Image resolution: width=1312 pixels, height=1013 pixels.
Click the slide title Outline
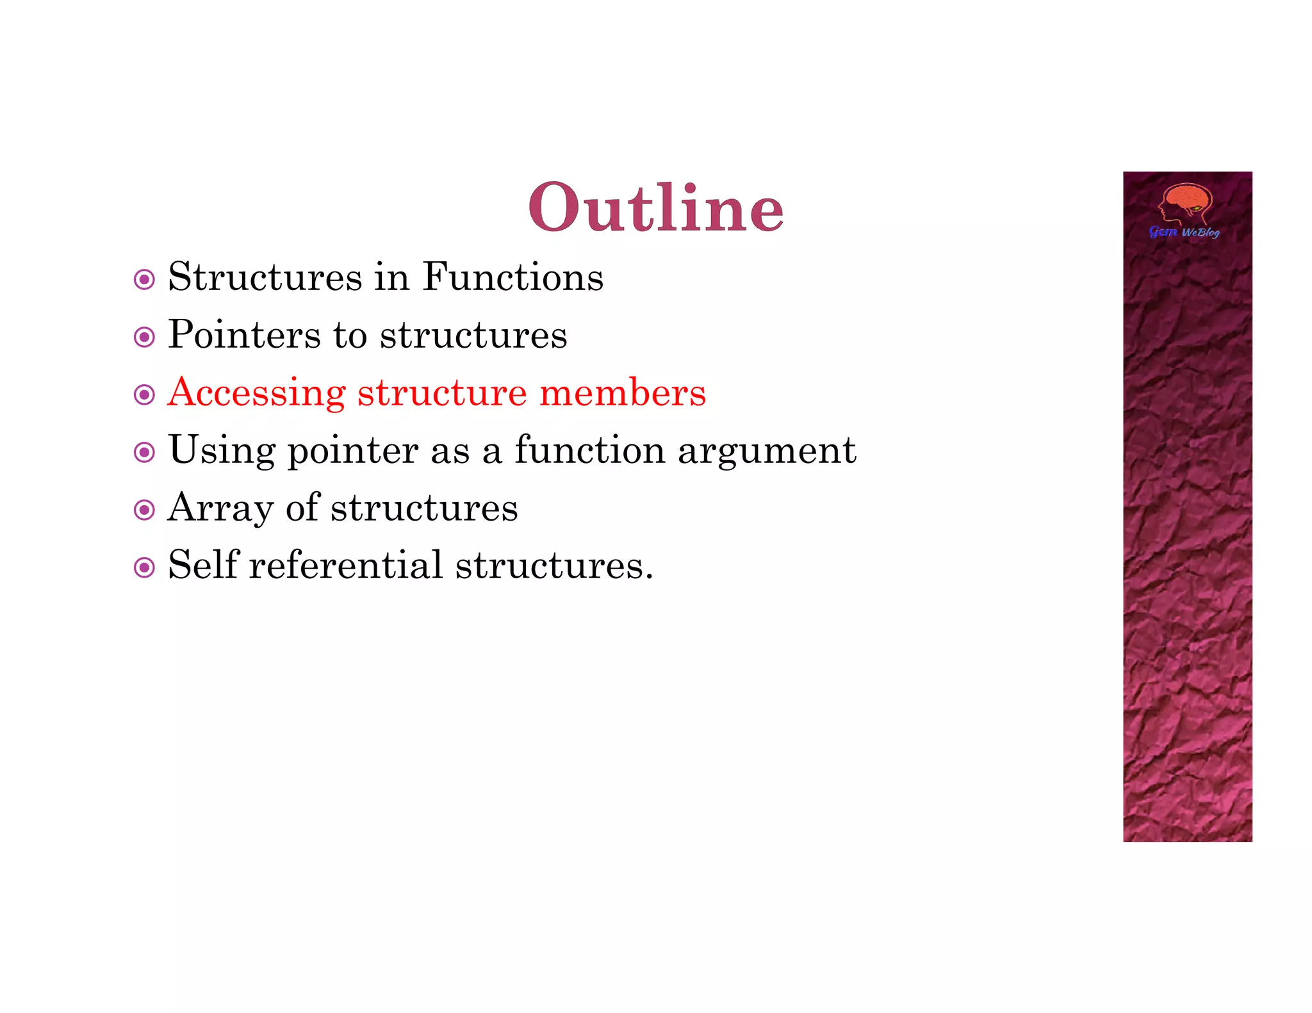(656, 207)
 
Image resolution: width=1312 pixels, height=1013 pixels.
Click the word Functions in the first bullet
(512, 278)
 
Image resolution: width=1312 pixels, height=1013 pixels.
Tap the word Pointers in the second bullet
(244, 336)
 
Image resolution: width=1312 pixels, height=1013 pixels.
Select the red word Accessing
(256, 393)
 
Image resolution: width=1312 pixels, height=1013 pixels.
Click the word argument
(767, 451)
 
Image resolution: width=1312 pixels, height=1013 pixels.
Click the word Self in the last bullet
(203, 566)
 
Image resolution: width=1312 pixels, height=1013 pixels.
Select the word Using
(222, 451)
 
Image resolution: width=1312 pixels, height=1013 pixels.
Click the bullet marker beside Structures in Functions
(144, 280)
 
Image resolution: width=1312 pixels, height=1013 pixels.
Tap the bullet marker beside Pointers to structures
(144, 337)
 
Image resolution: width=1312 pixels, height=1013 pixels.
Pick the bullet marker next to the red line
(144, 395)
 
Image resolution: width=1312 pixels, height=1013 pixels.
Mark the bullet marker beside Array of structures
(144, 510)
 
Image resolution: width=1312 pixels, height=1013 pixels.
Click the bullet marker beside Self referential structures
(144, 568)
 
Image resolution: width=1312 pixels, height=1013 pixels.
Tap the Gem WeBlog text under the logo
(1184, 232)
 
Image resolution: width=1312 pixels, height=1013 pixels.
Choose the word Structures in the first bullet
(265, 278)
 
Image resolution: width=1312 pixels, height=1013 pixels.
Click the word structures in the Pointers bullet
(473, 336)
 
